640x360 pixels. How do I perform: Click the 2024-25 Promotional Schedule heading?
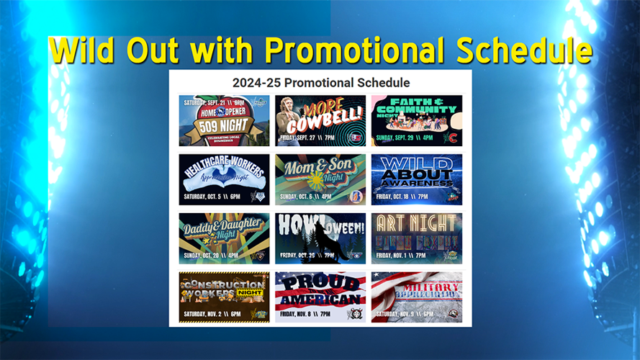click(320, 83)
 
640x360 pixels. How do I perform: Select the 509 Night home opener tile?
click(224, 120)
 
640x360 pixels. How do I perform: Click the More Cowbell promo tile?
click(320, 120)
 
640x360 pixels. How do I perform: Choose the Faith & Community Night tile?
click(417, 120)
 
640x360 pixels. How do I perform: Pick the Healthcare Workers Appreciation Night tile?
click(224, 179)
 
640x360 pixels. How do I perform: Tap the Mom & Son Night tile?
click(320, 179)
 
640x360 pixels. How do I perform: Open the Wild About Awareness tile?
click(417, 179)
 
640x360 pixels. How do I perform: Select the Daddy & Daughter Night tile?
click(224, 238)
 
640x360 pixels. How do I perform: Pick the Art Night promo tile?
click(417, 238)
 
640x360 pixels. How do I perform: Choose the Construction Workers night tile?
click(224, 297)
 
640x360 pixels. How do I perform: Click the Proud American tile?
click(320, 297)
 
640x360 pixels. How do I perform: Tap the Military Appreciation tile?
click(417, 297)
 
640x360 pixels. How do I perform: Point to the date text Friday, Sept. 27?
click(303, 137)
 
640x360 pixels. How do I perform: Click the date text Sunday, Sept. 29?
click(400, 138)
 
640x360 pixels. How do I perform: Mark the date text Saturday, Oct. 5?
click(209, 196)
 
